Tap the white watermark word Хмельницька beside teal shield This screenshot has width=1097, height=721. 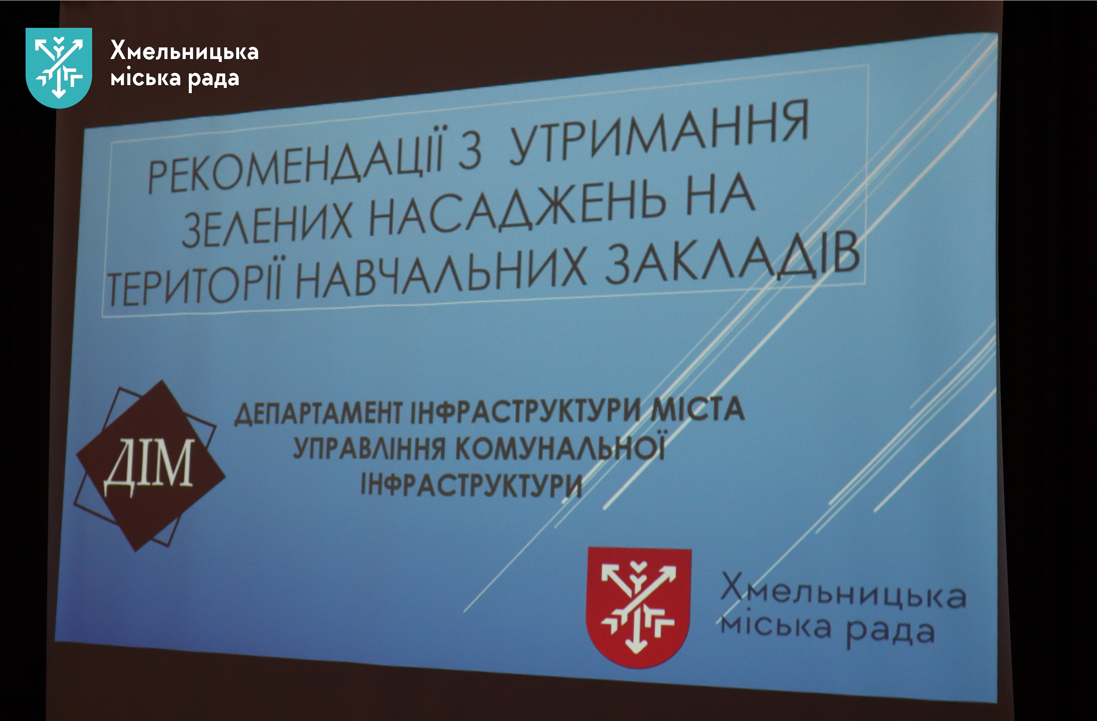pyautogui.click(x=184, y=52)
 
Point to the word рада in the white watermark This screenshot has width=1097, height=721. pyautogui.click(x=214, y=80)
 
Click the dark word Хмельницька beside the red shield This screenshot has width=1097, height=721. pyautogui.click(x=844, y=592)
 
